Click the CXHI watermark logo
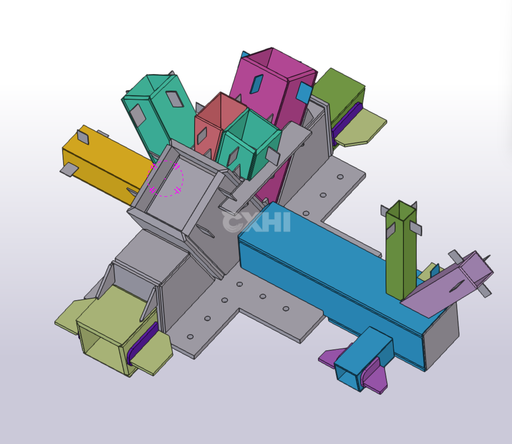click(x=256, y=222)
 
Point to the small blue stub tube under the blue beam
click(x=362, y=359)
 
